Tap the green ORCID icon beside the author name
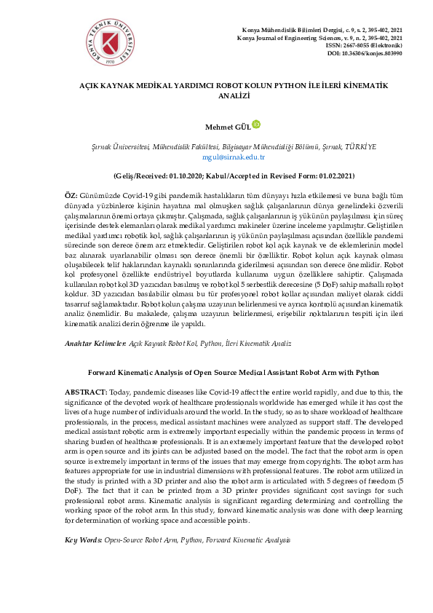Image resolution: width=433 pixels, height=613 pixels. click(x=255, y=124)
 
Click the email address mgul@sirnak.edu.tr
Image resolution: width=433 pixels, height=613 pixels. click(x=223, y=157)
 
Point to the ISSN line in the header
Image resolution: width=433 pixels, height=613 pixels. click(x=365, y=45)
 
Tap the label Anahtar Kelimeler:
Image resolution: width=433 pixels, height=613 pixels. click(x=95, y=341)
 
